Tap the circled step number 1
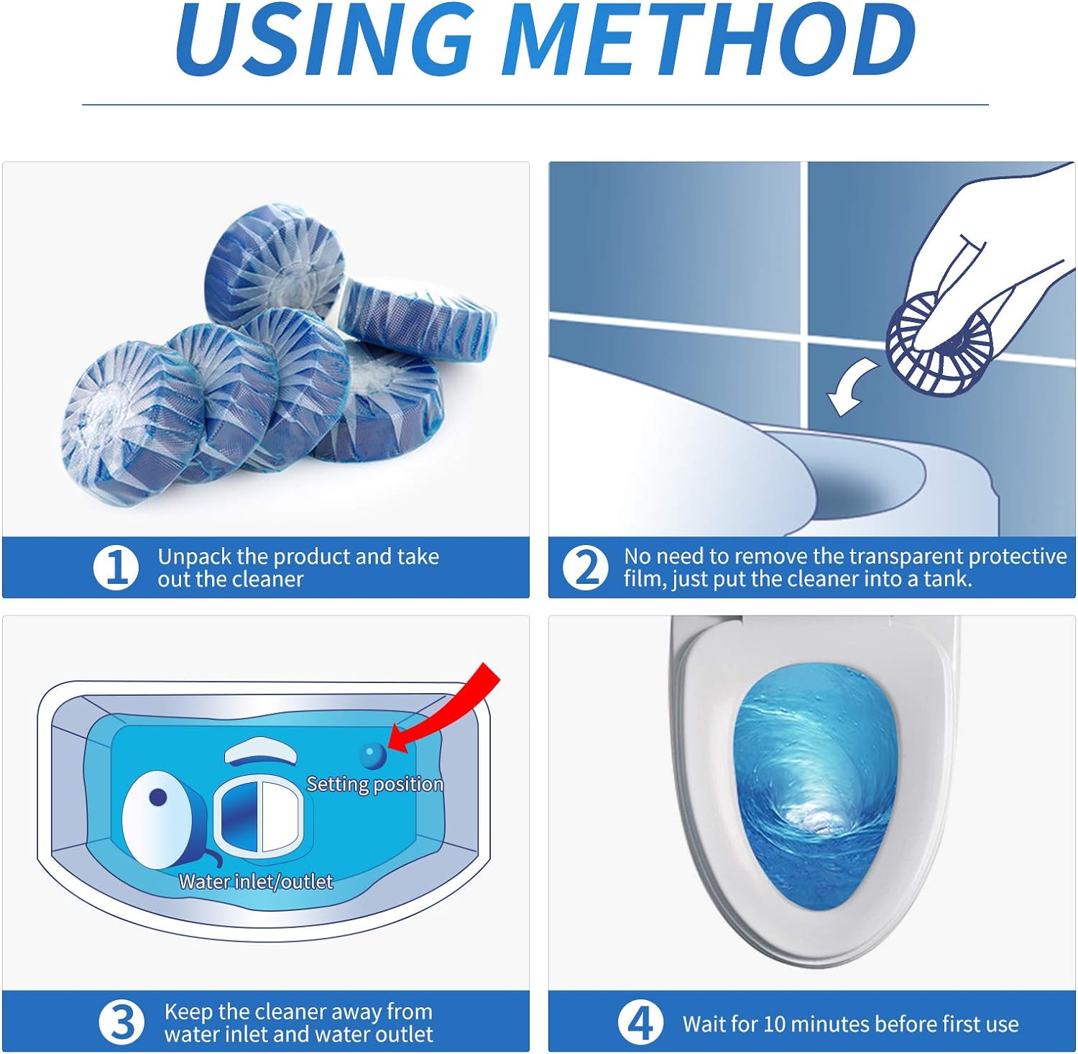[x=116, y=567]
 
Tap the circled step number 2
[x=585, y=567]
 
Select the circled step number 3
[x=121, y=1022]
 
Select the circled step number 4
[x=640, y=1022]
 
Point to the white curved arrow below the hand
[x=851, y=388]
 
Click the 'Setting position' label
[x=374, y=784]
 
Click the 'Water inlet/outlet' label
[x=256, y=881]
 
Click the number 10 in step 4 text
[x=774, y=1024]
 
